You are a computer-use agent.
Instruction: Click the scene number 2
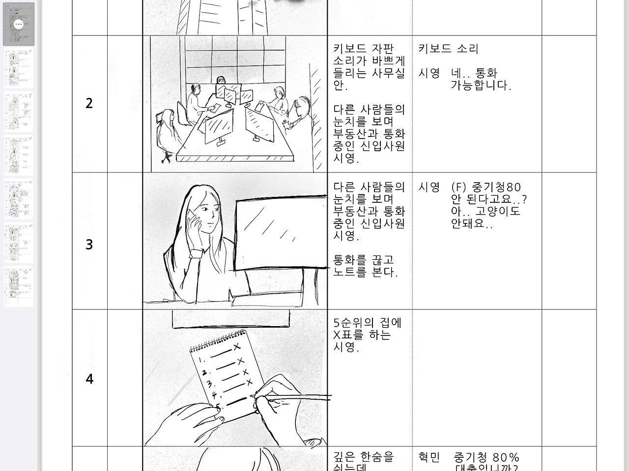[x=89, y=103]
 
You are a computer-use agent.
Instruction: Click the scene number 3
[x=89, y=244]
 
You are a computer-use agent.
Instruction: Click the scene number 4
[x=89, y=379]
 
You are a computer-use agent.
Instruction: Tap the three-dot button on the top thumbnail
[x=19, y=24]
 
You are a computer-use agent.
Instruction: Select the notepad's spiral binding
[x=216, y=341]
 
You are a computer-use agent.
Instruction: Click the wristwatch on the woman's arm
[x=196, y=252]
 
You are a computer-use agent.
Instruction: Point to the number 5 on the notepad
[x=218, y=407]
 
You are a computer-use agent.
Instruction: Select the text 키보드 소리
[x=448, y=49]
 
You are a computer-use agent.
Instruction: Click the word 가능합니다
[x=481, y=85]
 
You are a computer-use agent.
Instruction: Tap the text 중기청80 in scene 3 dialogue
[x=496, y=187]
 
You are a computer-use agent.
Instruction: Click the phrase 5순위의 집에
[x=367, y=323]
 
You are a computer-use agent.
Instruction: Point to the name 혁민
[x=429, y=457]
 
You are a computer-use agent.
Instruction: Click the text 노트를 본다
[x=365, y=272]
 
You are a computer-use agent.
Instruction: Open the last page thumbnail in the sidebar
[x=19, y=286]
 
